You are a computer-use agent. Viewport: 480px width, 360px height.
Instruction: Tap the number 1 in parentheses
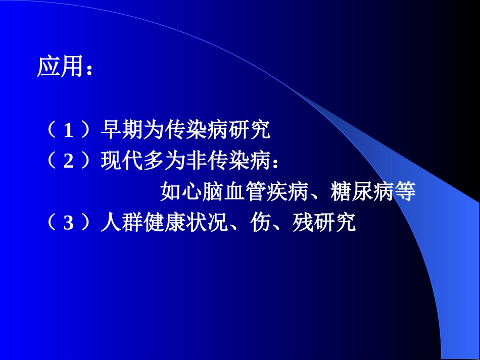click(x=69, y=131)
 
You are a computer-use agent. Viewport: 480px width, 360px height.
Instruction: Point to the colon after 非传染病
click(x=275, y=164)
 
